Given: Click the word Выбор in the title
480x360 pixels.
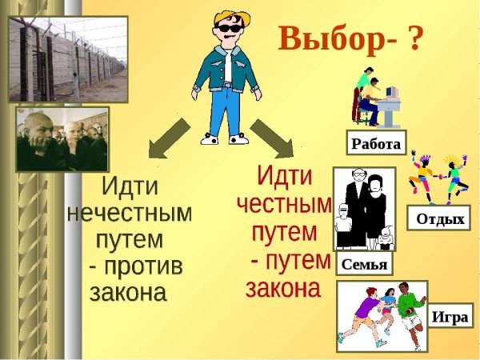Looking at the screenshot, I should [x=328, y=38].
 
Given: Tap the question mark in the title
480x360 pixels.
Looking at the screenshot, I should [x=414, y=38].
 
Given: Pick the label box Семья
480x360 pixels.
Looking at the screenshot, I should [x=364, y=265].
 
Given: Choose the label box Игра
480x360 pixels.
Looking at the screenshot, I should [x=449, y=316].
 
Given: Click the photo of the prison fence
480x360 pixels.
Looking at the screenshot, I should [x=58, y=58].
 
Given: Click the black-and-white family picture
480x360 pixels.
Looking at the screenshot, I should [x=363, y=210].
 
